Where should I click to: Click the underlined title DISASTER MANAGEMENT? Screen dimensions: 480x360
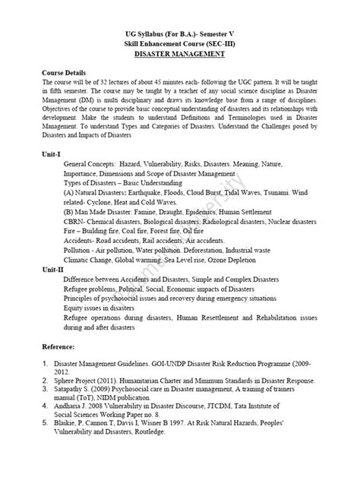[180, 55]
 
